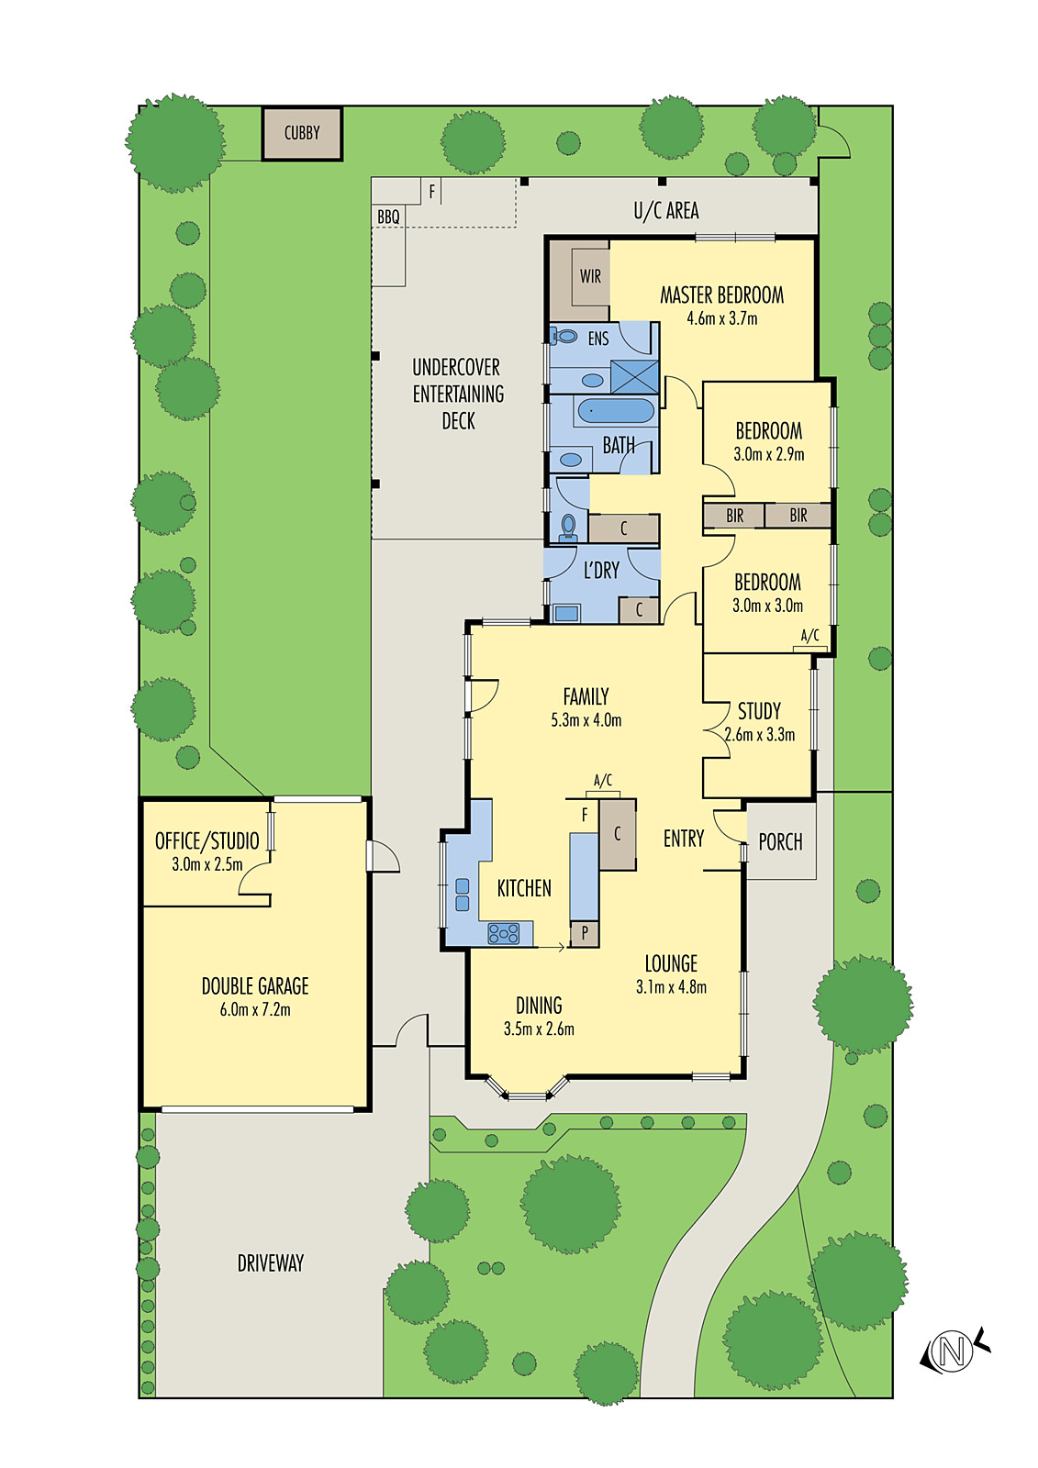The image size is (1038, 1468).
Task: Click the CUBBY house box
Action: (x=302, y=134)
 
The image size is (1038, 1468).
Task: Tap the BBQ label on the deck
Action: (x=388, y=217)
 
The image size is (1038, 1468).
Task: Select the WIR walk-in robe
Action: (x=590, y=276)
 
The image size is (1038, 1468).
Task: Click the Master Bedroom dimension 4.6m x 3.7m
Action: (x=722, y=319)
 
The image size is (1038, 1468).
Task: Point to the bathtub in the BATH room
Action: (x=616, y=411)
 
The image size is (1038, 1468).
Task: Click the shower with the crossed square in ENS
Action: (x=635, y=376)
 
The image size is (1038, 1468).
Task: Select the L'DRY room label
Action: (x=601, y=571)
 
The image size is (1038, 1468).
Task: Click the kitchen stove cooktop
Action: (x=504, y=934)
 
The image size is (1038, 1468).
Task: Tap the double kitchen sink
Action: (x=462, y=895)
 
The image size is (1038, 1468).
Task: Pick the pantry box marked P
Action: (x=585, y=933)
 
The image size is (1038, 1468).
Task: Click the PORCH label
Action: (x=780, y=842)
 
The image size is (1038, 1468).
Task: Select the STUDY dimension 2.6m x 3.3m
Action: (x=760, y=735)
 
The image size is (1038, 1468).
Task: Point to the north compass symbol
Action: (x=953, y=1351)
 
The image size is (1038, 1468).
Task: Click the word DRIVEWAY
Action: (x=270, y=1263)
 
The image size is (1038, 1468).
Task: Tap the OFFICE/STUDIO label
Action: (x=206, y=841)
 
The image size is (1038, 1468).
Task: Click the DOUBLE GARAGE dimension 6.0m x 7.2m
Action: (x=255, y=1010)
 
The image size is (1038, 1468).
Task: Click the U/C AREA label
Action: (x=666, y=211)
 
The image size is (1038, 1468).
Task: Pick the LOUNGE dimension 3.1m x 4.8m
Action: (x=671, y=988)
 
